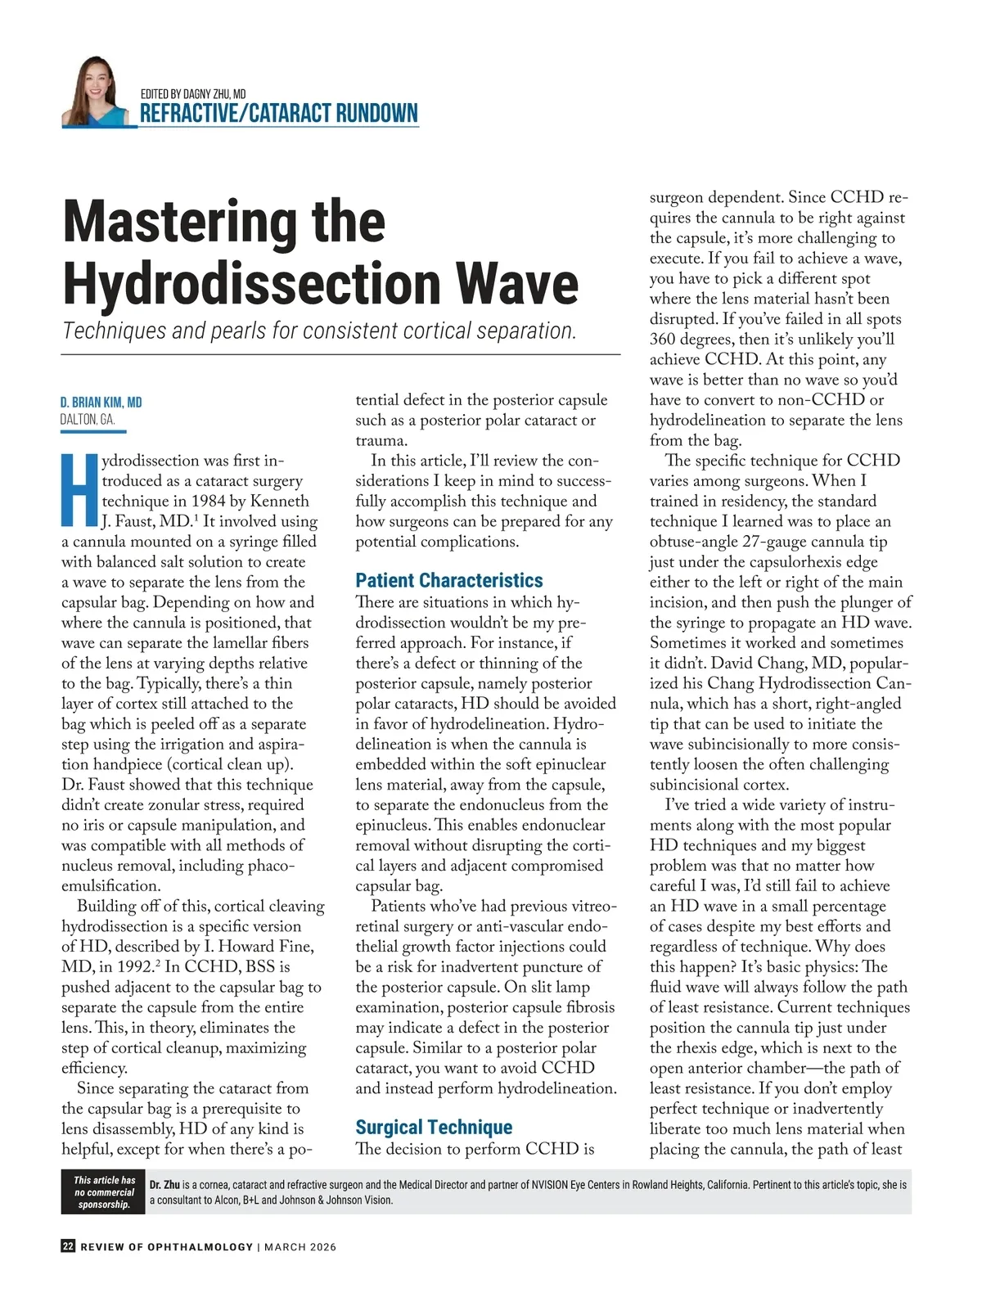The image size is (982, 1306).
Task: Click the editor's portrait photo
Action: [95, 92]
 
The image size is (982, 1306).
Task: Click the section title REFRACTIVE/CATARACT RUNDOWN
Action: [278, 113]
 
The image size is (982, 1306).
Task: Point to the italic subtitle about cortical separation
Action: [320, 331]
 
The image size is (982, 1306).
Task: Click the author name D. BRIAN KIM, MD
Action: [101, 402]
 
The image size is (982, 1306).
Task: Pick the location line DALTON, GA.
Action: [88, 420]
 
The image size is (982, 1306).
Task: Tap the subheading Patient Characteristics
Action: [448, 580]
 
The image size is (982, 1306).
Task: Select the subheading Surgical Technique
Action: [434, 1127]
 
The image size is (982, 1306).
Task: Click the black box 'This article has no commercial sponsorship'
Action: [104, 1192]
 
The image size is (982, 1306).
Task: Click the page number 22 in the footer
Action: [68, 1246]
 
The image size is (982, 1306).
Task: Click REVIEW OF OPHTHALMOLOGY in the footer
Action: [166, 1247]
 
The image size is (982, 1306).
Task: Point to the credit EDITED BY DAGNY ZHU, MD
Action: [193, 94]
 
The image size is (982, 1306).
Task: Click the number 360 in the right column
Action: [664, 339]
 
